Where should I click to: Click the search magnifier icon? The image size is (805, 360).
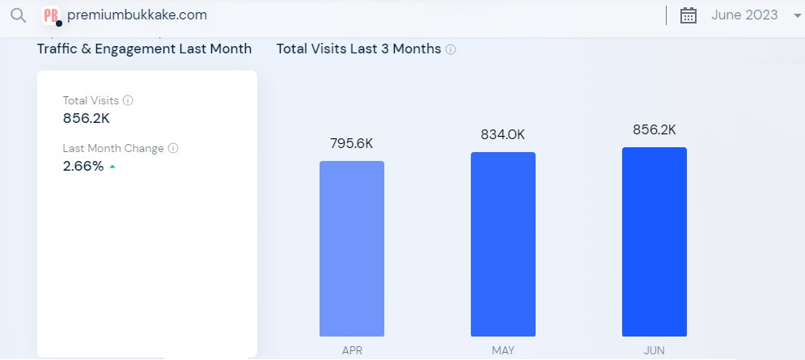(x=18, y=15)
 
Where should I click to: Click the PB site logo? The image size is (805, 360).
(x=52, y=15)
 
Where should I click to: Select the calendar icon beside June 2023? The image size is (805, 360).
(x=688, y=15)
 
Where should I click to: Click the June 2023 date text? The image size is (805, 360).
(x=744, y=15)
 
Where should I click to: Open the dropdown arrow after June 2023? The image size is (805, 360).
(x=798, y=16)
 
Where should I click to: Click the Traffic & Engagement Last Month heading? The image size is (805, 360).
(x=144, y=49)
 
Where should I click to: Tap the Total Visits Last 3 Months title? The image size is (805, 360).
(x=358, y=49)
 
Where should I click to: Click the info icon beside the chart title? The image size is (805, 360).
(x=451, y=49)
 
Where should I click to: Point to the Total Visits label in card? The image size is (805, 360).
(x=91, y=101)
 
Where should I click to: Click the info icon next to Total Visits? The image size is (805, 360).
(x=128, y=101)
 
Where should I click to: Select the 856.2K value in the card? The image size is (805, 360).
(x=86, y=118)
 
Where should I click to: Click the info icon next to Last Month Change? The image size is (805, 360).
(x=173, y=149)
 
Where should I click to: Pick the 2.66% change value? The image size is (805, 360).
(x=83, y=167)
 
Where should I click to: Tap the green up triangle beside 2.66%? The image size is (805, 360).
(x=112, y=167)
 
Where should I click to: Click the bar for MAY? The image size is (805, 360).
(x=502, y=244)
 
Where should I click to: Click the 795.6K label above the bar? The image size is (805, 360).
(x=352, y=143)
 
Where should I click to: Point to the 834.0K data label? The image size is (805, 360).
(x=502, y=134)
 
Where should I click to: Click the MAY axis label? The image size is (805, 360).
(x=502, y=351)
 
